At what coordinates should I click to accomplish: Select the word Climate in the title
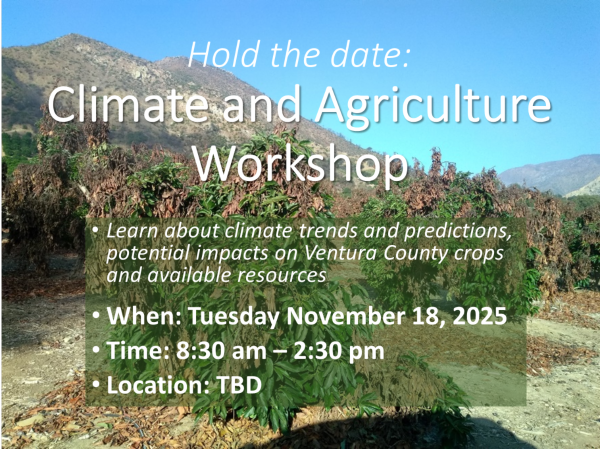click(x=127, y=105)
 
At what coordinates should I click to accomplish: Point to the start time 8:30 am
click(x=221, y=350)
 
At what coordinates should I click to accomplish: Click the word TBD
click(x=239, y=385)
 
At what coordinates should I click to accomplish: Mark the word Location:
click(x=158, y=385)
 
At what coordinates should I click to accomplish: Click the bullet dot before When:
click(x=95, y=314)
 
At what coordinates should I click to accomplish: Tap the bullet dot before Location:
click(x=95, y=383)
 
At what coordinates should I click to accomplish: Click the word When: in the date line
click(x=144, y=316)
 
